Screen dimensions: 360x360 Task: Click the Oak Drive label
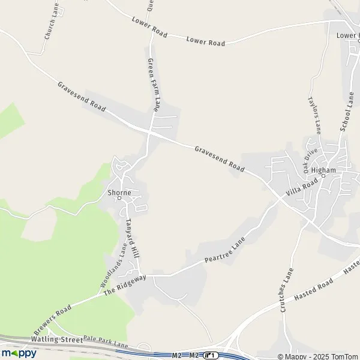coord(310,161)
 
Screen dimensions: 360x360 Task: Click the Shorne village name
coord(118,193)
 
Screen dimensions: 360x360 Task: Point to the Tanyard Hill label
coord(133,238)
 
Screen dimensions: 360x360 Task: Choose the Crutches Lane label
coord(286,289)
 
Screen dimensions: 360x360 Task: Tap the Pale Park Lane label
coord(106,342)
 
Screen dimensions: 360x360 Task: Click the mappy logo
coord(19,353)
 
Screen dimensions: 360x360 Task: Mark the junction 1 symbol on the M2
coord(211,356)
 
